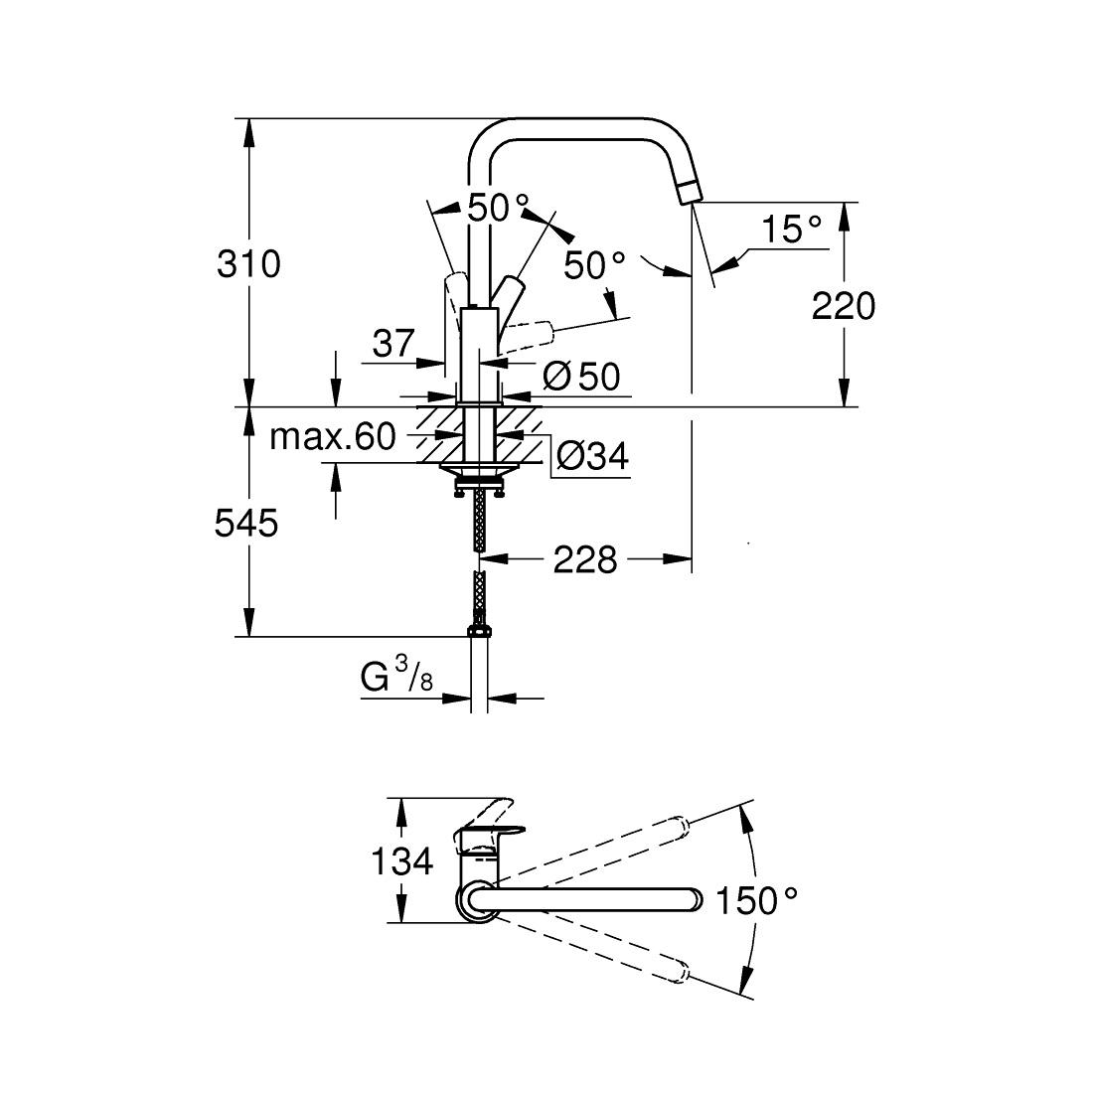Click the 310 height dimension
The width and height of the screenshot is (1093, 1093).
pos(249,264)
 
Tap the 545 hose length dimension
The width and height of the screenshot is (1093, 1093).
pos(246,523)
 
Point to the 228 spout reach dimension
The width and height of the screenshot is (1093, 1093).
pos(585,560)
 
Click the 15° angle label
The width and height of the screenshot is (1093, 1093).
pos(792,231)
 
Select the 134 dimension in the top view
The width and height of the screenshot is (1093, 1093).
pos(402,860)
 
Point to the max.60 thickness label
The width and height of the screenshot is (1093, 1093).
pos(333,436)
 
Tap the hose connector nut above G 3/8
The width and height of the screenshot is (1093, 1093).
pos(478,629)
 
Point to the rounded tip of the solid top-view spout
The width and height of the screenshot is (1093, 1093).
pos(695,901)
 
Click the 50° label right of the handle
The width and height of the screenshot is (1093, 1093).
pos(594,265)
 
